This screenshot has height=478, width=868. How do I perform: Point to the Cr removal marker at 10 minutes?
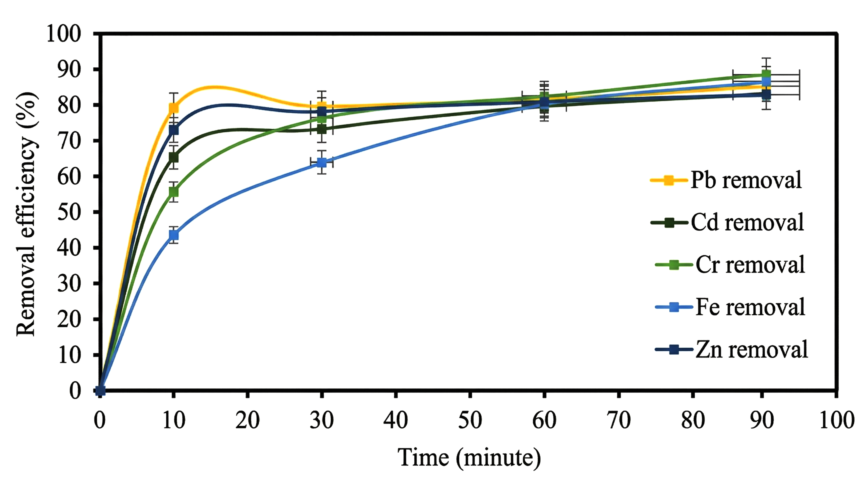174,192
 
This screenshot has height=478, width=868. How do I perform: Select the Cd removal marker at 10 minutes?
174,157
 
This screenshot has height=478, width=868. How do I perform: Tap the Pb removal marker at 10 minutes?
174,108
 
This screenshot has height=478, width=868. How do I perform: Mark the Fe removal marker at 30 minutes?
322,163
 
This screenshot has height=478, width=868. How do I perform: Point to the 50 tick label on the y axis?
69,212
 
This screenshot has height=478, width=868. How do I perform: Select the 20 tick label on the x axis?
248,420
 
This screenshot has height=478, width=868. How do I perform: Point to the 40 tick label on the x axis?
396,420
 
